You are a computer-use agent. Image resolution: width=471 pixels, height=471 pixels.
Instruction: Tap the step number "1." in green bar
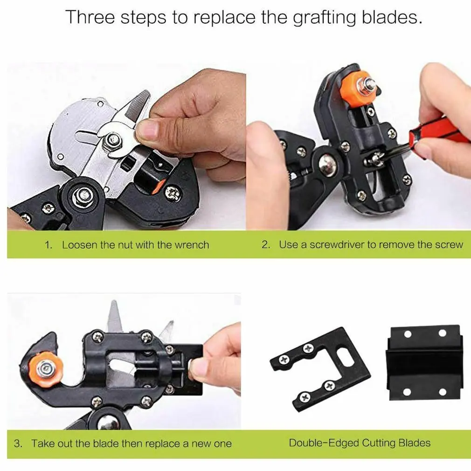pyautogui.click(x=48, y=245)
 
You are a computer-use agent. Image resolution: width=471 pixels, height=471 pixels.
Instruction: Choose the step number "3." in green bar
pyautogui.click(x=18, y=443)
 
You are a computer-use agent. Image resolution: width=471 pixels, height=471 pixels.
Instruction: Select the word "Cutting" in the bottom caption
pyautogui.click(x=375, y=443)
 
